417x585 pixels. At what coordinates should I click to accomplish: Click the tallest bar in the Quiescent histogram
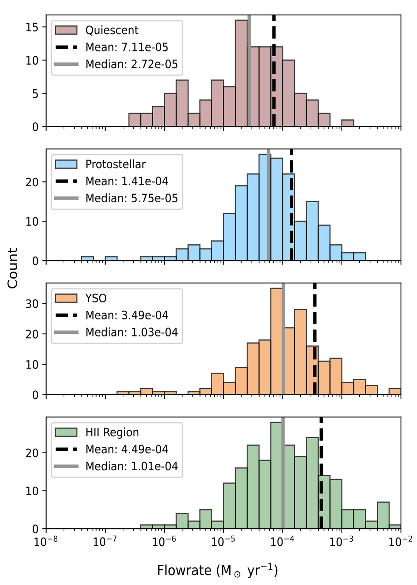[x=241, y=73]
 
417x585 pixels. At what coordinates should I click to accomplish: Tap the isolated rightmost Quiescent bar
[x=347, y=123]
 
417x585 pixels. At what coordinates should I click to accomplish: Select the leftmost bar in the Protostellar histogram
[x=87, y=258]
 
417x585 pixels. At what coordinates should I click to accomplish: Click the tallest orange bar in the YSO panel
[x=276, y=341]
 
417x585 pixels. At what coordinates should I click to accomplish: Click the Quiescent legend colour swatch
[x=66, y=30]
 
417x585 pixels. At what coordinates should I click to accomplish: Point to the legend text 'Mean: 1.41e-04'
[x=127, y=181]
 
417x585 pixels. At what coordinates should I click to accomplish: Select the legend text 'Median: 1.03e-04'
[x=132, y=332]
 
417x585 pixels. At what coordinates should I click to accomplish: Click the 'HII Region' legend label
[x=112, y=432]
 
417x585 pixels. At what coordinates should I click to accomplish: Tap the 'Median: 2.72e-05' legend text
[x=132, y=64]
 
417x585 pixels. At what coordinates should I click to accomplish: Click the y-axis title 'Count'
[x=13, y=268]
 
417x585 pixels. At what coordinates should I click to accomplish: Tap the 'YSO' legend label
[x=96, y=298]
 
